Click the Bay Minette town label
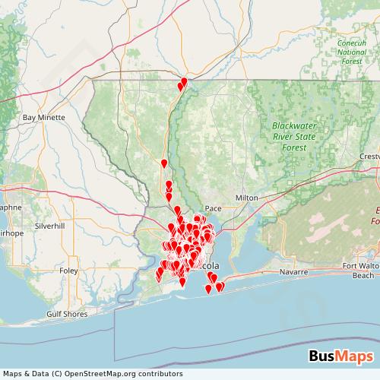pos(44,118)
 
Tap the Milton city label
pos(247,197)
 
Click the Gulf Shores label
pos(66,313)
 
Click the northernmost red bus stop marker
pos(184,82)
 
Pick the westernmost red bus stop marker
pos(158,275)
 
